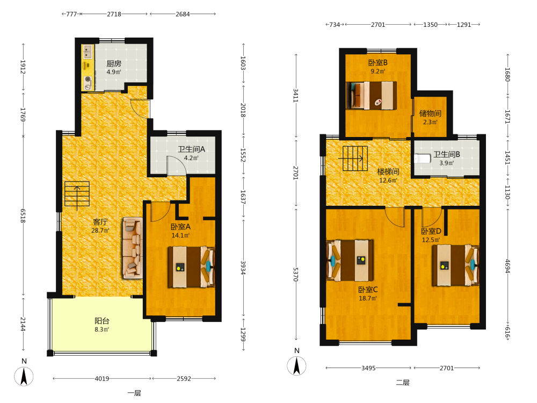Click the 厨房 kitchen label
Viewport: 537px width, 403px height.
114,63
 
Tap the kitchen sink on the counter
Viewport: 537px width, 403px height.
88,52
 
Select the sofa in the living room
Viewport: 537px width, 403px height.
133,248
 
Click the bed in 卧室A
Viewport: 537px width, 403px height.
191,267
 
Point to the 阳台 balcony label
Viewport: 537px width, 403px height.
102,321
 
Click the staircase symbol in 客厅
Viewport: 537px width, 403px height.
77,195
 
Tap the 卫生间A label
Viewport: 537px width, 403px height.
191,149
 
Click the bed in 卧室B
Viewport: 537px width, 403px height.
371,95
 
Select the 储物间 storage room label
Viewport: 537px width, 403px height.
430,113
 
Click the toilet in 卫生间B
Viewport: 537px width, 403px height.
422,159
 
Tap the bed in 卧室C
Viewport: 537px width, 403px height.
350,261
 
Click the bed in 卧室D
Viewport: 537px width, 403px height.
455,265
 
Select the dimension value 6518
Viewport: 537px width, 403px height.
23,215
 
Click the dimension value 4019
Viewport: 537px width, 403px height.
101,379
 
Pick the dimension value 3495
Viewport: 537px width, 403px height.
368,368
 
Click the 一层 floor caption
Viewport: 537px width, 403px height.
134,393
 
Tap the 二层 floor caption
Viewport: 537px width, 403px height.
403,383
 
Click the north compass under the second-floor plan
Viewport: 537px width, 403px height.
296,365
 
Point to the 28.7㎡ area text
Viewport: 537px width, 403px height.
100,231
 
